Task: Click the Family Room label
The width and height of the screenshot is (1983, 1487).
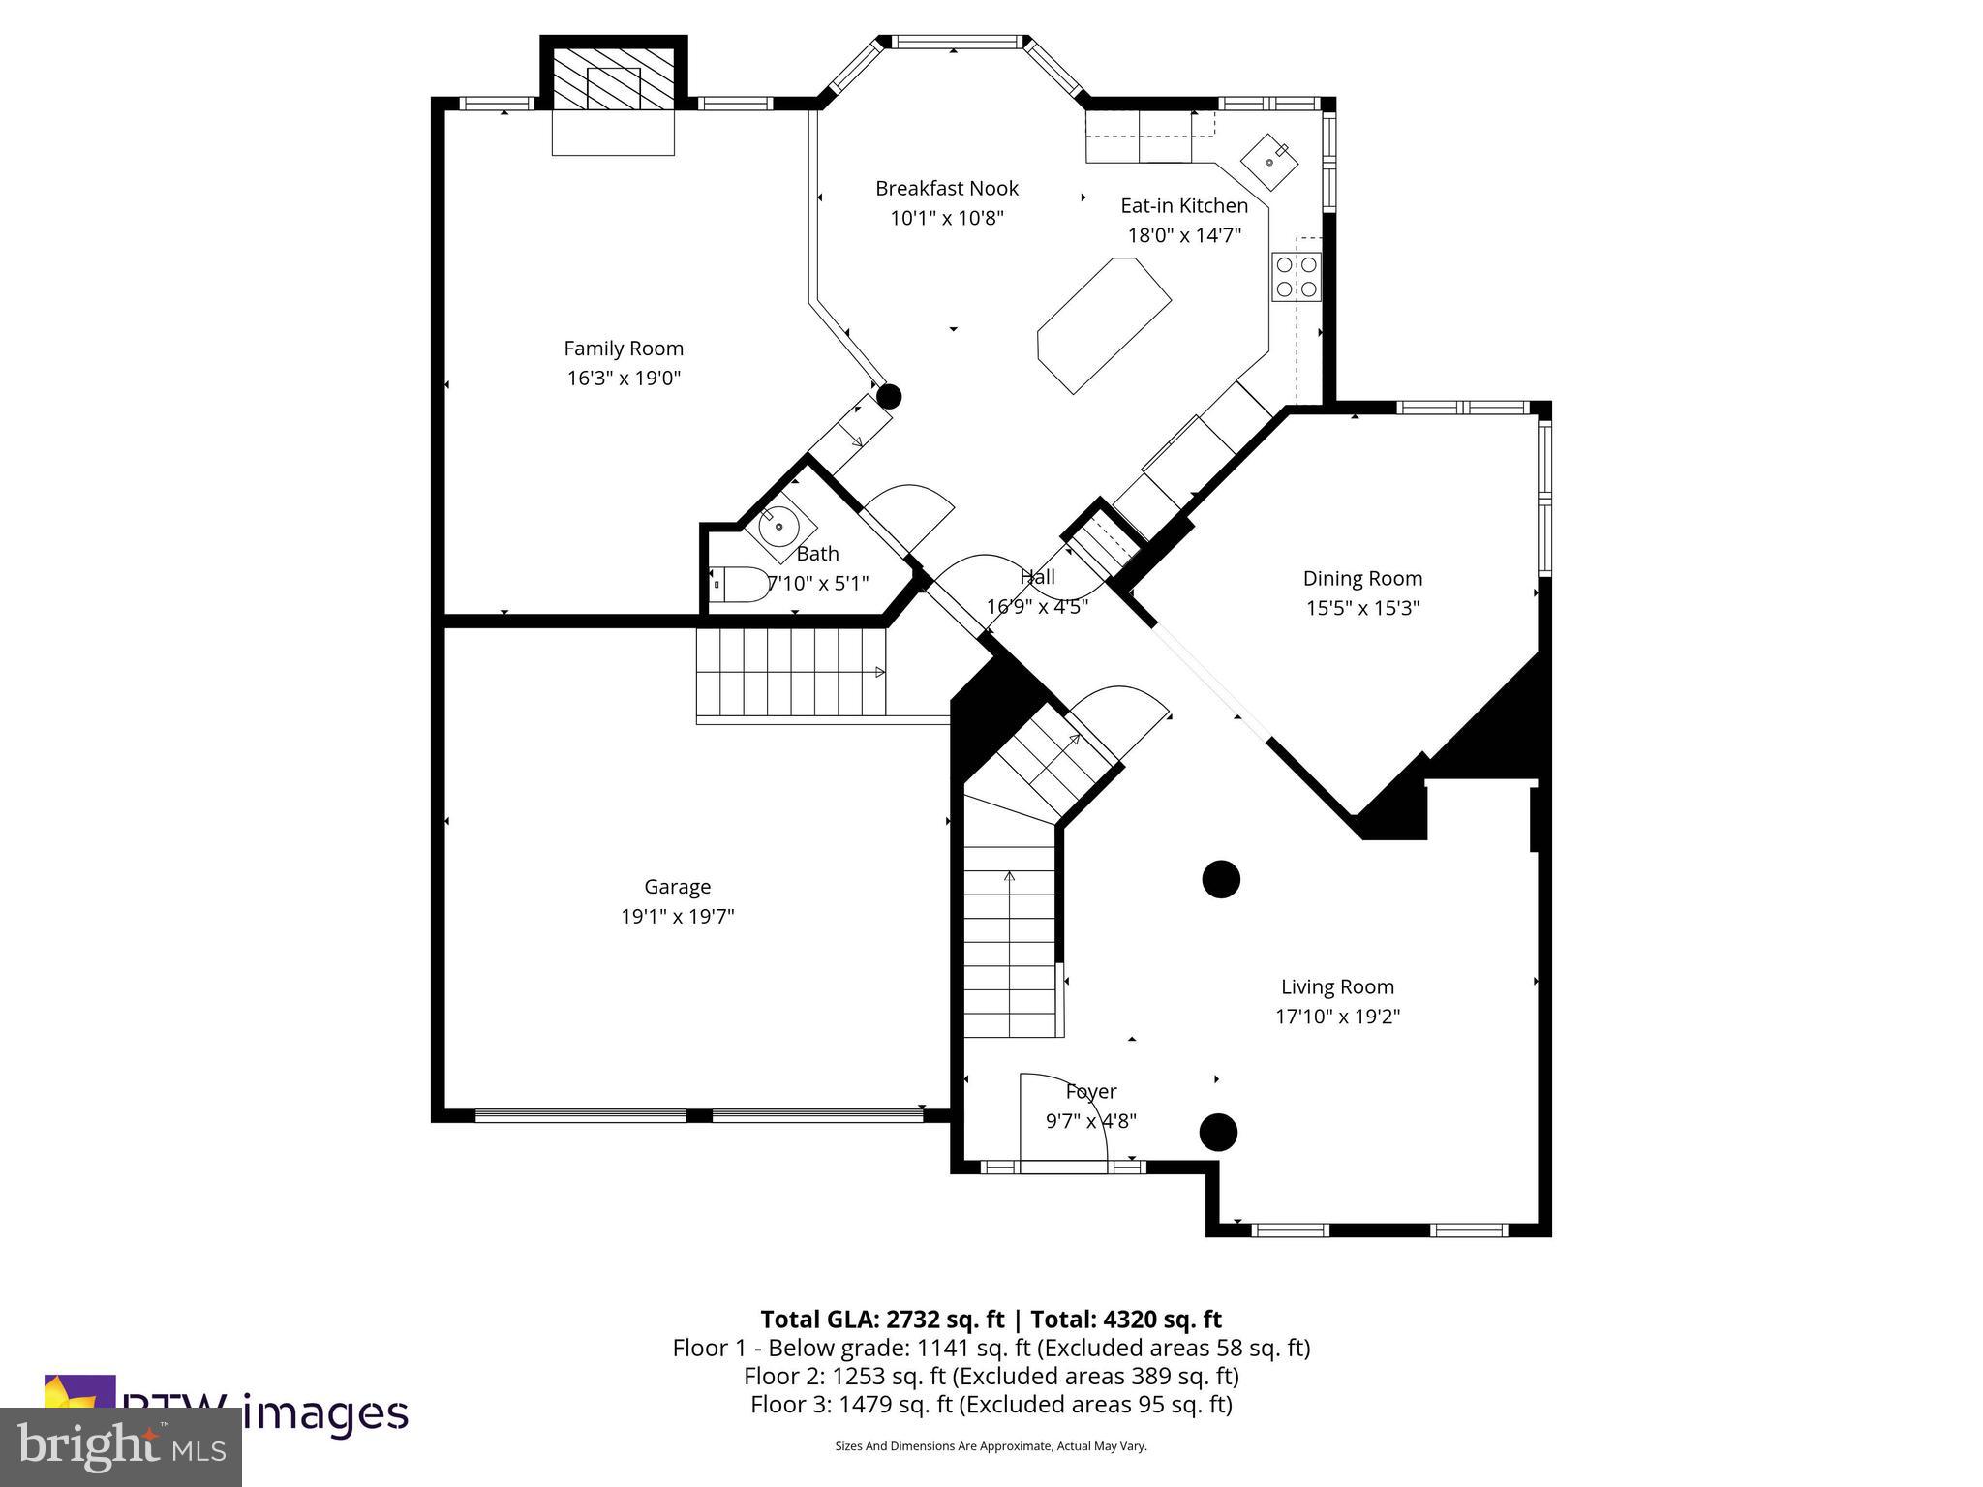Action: tap(624, 349)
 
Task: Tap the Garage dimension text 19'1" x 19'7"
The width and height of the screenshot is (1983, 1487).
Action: tap(677, 917)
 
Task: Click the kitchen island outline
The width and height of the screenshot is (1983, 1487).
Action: tap(1104, 324)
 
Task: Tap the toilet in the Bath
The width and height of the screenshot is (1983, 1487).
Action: tap(740, 585)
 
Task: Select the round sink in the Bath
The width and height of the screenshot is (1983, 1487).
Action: tap(779, 527)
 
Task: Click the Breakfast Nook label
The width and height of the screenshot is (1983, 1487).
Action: tap(946, 189)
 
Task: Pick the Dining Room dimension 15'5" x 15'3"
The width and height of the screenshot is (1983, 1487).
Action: tap(1361, 608)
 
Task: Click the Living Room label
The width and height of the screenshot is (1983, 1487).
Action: tap(1337, 987)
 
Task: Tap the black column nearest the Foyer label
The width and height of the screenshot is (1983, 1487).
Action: tap(1218, 1131)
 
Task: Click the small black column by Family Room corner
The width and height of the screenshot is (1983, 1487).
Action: tap(889, 396)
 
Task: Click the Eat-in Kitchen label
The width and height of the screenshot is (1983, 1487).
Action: tap(1183, 206)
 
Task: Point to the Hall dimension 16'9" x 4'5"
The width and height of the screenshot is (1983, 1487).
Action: tap(1037, 607)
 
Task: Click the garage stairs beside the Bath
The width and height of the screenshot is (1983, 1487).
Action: tap(791, 671)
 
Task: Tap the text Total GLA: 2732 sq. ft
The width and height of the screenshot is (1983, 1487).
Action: tap(882, 1320)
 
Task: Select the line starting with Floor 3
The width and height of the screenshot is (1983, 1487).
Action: tap(991, 1405)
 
